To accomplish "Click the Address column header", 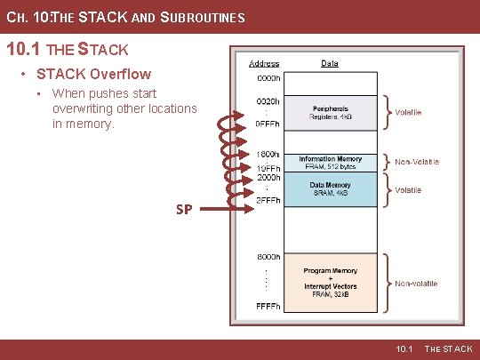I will click(x=264, y=64).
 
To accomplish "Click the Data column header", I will click(x=330, y=64).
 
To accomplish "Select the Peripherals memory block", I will click(x=330, y=111).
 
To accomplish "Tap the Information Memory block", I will click(x=330, y=163).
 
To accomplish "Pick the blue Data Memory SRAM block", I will click(x=330, y=189).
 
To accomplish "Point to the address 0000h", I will click(x=268, y=77).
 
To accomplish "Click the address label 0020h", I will click(x=268, y=102).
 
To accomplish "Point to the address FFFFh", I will click(x=268, y=307).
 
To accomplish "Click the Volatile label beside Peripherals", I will click(x=409, y=113).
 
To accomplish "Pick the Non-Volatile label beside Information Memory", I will click(x=417, y=162).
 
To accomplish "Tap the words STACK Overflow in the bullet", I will click(x=93, y=74).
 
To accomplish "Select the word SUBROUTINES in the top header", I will click(x=201, y=18).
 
